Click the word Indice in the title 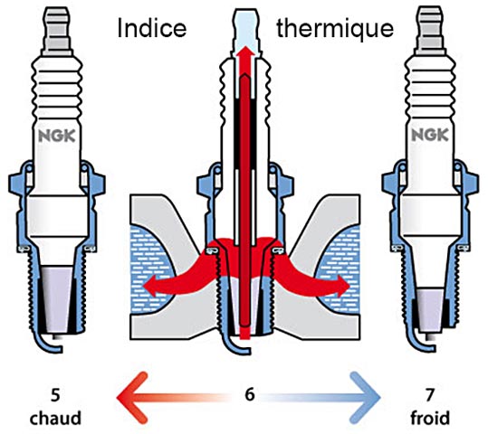tap(152, 29)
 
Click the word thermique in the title tap(335, 29)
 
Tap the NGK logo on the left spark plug tap(57, 137)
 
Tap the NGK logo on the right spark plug tap(430, 135)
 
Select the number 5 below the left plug tap(55, 395)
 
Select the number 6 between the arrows tap(250, 394)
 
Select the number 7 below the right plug tap(430, 395)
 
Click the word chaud tap(55, 418)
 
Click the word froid tap(430, 418)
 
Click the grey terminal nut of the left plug tap(58, 30)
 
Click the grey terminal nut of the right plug tap(430, 30)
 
